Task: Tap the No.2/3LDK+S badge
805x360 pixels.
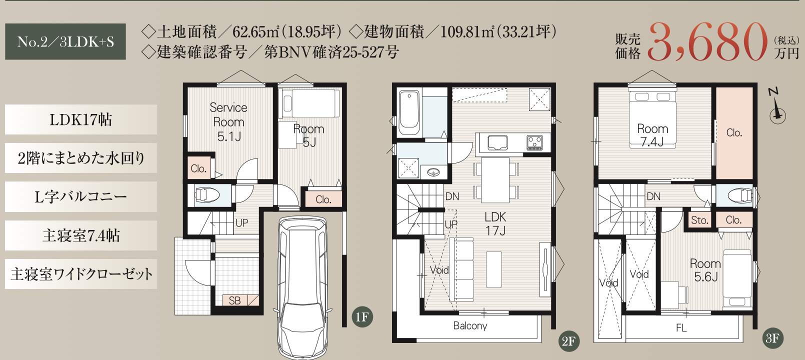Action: click(x=65, y=41)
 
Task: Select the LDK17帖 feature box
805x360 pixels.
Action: click(x=81, y=119)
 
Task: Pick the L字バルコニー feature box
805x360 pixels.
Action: click(x=81, y=196)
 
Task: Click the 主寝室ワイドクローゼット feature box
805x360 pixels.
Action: click(x=81, y=274)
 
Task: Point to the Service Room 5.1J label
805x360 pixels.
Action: click(x=228, y=122)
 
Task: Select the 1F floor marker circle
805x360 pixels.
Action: click(x=362, y=317)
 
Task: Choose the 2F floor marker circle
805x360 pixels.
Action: click(x=569, y=340)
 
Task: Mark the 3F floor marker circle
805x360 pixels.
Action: click(x=772, y=338)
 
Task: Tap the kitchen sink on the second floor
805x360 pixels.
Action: click(x=497, y=142)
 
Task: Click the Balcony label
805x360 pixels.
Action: click(x=470, y=326)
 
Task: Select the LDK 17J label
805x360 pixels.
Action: click(x=495, y=223)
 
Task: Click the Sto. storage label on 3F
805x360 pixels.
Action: click(x=699, y=220)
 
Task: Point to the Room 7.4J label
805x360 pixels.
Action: click(x=652, y=135)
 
